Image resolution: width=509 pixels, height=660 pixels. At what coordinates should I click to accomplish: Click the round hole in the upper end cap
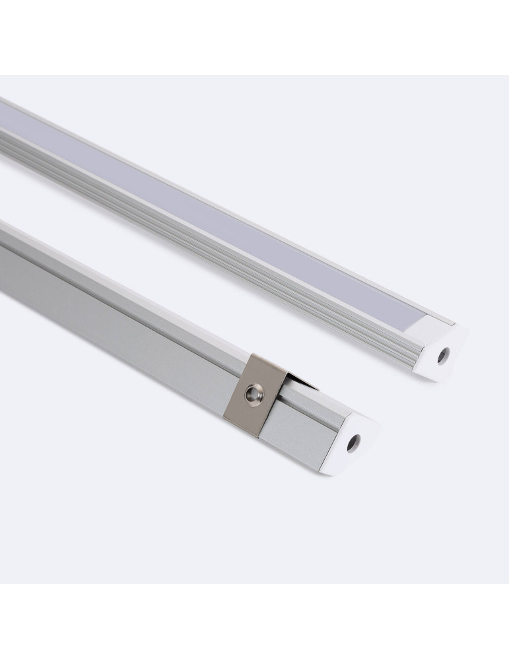(x=442, y=356)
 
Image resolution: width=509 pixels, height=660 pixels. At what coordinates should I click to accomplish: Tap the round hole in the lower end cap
(x=353, y=444)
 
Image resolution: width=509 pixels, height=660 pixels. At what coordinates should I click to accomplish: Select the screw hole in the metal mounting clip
(x=252, y=394)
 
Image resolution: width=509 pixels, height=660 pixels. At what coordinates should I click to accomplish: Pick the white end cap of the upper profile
(x=441, y=350)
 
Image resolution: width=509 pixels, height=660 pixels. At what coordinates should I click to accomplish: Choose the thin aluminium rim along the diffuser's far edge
(x=264, y=218)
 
